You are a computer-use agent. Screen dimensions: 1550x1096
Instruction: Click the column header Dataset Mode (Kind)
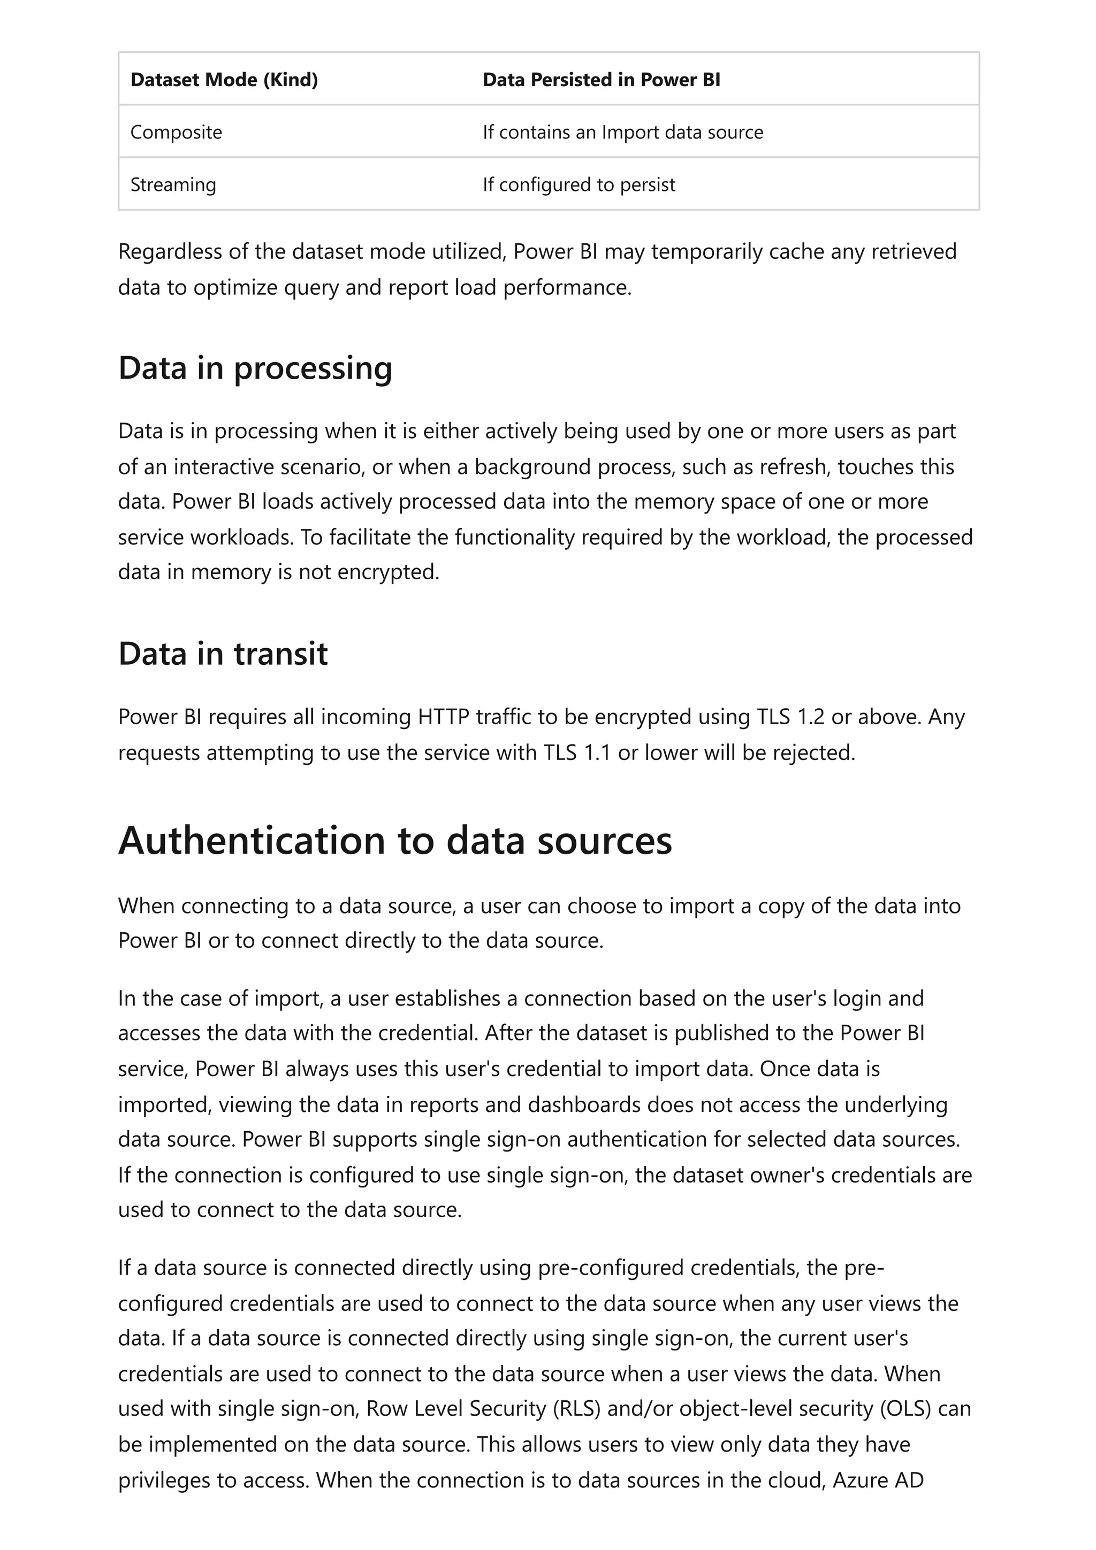[224, 80]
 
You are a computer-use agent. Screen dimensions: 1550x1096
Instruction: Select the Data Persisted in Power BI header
[601, 80]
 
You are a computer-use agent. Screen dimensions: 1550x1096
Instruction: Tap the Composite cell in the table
[176, 132]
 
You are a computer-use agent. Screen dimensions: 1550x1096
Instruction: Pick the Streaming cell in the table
[173, 185]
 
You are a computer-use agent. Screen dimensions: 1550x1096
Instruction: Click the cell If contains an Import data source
[622, 132]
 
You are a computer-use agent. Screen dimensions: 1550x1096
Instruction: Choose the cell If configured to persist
[579, 185]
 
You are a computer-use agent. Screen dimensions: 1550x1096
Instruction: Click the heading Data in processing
[255, 368]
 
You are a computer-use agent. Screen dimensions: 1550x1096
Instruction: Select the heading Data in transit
[223, 654]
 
